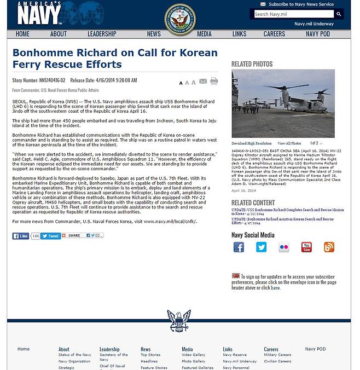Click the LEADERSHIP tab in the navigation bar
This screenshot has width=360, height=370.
102,34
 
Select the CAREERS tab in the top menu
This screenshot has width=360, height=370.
274,34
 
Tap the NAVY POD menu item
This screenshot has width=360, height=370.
317,34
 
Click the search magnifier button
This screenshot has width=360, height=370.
338,14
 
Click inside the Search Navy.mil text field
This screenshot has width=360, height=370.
293,14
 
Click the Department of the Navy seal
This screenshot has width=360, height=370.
180,19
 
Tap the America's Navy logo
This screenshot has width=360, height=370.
39,14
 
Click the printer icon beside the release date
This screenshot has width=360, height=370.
214,82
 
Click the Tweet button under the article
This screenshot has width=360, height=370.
51,236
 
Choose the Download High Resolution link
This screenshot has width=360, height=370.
251,143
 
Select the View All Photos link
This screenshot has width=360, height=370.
289,143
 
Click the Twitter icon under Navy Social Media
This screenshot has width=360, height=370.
261,247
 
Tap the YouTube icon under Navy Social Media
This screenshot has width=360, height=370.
306,247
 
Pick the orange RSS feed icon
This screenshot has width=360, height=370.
329,247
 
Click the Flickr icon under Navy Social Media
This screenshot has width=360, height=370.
284,247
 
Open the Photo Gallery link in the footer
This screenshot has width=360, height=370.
193,361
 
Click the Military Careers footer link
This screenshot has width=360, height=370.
277,355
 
